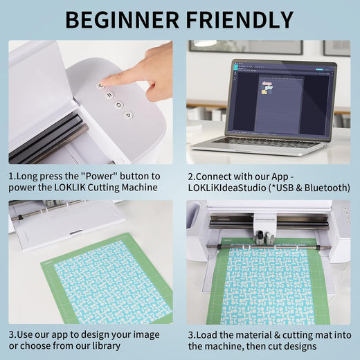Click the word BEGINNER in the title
click(x=122, y=20)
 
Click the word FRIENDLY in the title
click(x=240, y=20)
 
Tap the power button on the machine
click(x=100, y=86)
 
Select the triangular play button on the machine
click(x=128, y=115)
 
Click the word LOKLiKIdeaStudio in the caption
click(x=227, y=188)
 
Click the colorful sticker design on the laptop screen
click(x=267, y=88)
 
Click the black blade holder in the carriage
click(x=260, y=237)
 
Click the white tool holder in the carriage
click(x=269, y=237)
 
